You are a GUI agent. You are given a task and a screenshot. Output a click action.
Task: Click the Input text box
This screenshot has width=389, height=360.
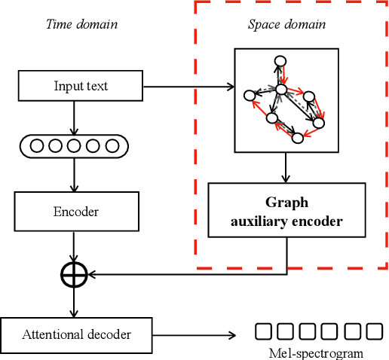coord(80,87)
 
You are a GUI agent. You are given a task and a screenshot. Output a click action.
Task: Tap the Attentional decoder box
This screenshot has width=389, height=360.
coord(76,334)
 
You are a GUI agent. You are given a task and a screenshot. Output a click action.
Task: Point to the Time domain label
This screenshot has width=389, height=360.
coord(81,24)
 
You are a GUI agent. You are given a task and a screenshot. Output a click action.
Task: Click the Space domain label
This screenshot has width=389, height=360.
coord(286,24)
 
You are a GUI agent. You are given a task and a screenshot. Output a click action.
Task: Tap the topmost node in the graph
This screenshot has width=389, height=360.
coord(280,61)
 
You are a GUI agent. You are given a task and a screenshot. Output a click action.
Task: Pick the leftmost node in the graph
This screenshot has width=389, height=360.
coord(250,95)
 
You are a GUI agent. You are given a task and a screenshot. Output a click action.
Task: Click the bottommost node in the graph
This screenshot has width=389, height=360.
coord(298,137)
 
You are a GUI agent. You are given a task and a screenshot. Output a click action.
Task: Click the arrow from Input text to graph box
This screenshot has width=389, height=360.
coord(188,87)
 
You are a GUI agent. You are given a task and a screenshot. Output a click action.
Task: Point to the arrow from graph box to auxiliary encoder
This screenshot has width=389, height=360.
coord(286,166)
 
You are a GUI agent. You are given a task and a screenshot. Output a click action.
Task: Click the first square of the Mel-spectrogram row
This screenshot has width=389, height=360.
coord(262,331)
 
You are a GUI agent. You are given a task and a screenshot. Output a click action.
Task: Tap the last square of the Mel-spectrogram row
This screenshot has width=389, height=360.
coord(375,331)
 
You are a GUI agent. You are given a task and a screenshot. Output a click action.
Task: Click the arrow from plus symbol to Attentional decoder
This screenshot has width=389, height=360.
coord(74,303)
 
